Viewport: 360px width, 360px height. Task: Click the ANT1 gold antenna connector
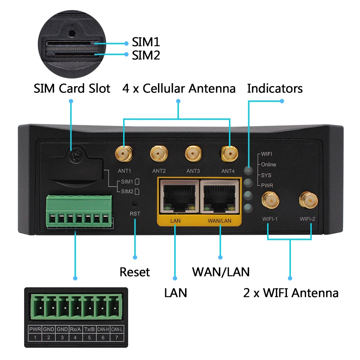[123, 154]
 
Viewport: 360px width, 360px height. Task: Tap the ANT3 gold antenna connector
[193, 154]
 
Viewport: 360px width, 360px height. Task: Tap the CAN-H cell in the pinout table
[103, 329]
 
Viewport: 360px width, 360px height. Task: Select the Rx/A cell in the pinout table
[76, 329]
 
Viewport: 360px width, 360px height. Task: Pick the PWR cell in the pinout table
[35, 329]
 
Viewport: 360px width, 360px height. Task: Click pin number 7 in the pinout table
[117, 338]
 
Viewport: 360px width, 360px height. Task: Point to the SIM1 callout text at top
[145, 42]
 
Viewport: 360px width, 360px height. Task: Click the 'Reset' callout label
[135, 272]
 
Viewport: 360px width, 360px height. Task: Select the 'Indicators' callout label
[275, 89]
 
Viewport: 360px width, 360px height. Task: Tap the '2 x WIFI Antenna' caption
[291, 293]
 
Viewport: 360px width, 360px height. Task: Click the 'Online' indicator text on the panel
[269, 165]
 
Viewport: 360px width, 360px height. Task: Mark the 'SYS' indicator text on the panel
[266, 175]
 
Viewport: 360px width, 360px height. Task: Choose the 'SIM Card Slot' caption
[72, 89]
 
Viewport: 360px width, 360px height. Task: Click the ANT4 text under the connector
[228, 171]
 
